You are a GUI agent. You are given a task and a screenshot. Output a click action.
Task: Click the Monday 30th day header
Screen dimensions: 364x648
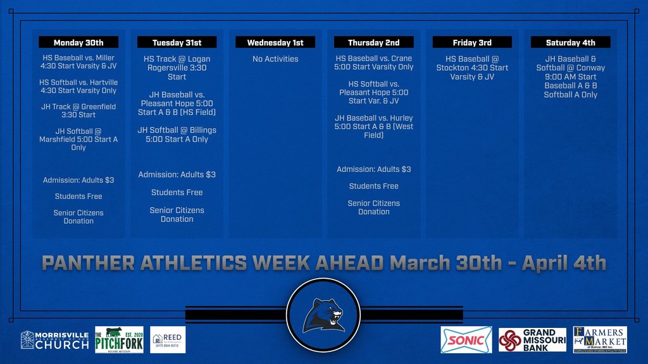click(78, 42)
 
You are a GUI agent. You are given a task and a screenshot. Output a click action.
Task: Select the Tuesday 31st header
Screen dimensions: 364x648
click(177, 42)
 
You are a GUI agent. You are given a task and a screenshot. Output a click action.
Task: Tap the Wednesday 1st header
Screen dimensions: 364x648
click(275, 42)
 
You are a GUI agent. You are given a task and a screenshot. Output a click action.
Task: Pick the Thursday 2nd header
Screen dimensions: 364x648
click(374, 42)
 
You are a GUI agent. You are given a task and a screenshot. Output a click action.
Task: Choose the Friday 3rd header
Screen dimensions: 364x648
click(472, 42)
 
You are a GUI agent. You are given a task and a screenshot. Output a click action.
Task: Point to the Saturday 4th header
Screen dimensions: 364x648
click(571, 42)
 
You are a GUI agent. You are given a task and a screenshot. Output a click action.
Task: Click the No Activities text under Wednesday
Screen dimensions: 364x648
click(275, 59)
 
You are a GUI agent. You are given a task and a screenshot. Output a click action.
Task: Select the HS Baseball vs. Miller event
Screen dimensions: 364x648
click(78, 62)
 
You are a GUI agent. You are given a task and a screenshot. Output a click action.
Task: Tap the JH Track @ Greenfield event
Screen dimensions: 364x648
click(78, 111)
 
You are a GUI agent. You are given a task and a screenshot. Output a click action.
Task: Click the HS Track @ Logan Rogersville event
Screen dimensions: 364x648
click(177, 68)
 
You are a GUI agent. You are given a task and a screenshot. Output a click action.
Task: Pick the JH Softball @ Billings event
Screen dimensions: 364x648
click(177, 135)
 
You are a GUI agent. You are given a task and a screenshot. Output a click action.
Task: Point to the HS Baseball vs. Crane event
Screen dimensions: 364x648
click(374, 63)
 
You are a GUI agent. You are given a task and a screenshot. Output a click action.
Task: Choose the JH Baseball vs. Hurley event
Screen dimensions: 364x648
click(374, 126)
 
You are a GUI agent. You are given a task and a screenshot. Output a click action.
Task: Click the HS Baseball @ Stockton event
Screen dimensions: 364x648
click(472, 68)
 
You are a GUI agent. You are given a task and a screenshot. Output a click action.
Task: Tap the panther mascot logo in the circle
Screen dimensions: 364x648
click(323, 315)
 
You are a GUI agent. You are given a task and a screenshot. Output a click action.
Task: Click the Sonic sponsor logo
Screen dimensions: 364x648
click(466, 340)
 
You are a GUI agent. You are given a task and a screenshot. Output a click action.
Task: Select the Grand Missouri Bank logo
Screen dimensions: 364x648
click(532, 340)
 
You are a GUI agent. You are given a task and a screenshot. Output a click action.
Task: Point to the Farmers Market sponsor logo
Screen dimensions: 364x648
click(600, 339)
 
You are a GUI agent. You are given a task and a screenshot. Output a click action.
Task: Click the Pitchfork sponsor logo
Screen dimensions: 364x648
click(119, 340)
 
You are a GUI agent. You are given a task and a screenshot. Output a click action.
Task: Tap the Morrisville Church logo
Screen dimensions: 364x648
click(55, 340)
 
